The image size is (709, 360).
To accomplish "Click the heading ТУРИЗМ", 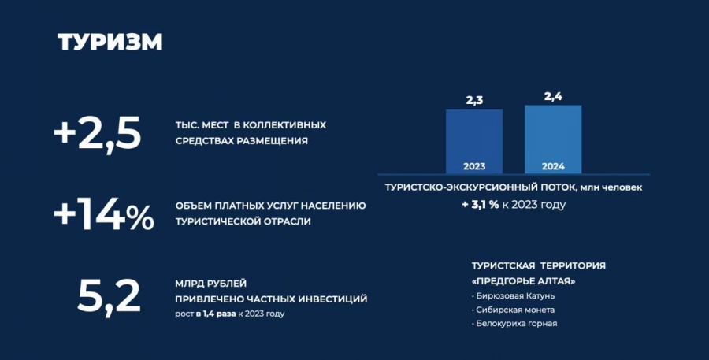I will tap(110, 42).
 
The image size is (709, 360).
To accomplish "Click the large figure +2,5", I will tap(97, 133).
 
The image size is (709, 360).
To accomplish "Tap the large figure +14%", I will tap(103, 215).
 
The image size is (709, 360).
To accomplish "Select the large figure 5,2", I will tap(109, 296).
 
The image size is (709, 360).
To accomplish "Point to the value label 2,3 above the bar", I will tap(474, 100).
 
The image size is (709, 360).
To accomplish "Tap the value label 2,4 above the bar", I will tap(553, 96).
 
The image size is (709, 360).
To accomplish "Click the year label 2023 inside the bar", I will tap(474, 166).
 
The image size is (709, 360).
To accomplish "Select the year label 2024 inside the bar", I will tap(553, 166).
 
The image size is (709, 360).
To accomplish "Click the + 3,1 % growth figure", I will tap(480, 204).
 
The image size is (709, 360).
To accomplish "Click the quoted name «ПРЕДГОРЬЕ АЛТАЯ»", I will tap(523, 280).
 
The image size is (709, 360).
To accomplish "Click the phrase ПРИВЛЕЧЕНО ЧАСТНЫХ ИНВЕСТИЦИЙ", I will tap(270, 299).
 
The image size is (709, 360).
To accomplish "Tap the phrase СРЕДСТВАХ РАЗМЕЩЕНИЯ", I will tap(241, 141).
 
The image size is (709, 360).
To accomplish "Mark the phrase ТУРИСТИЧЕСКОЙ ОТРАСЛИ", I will tap(243, 221).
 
